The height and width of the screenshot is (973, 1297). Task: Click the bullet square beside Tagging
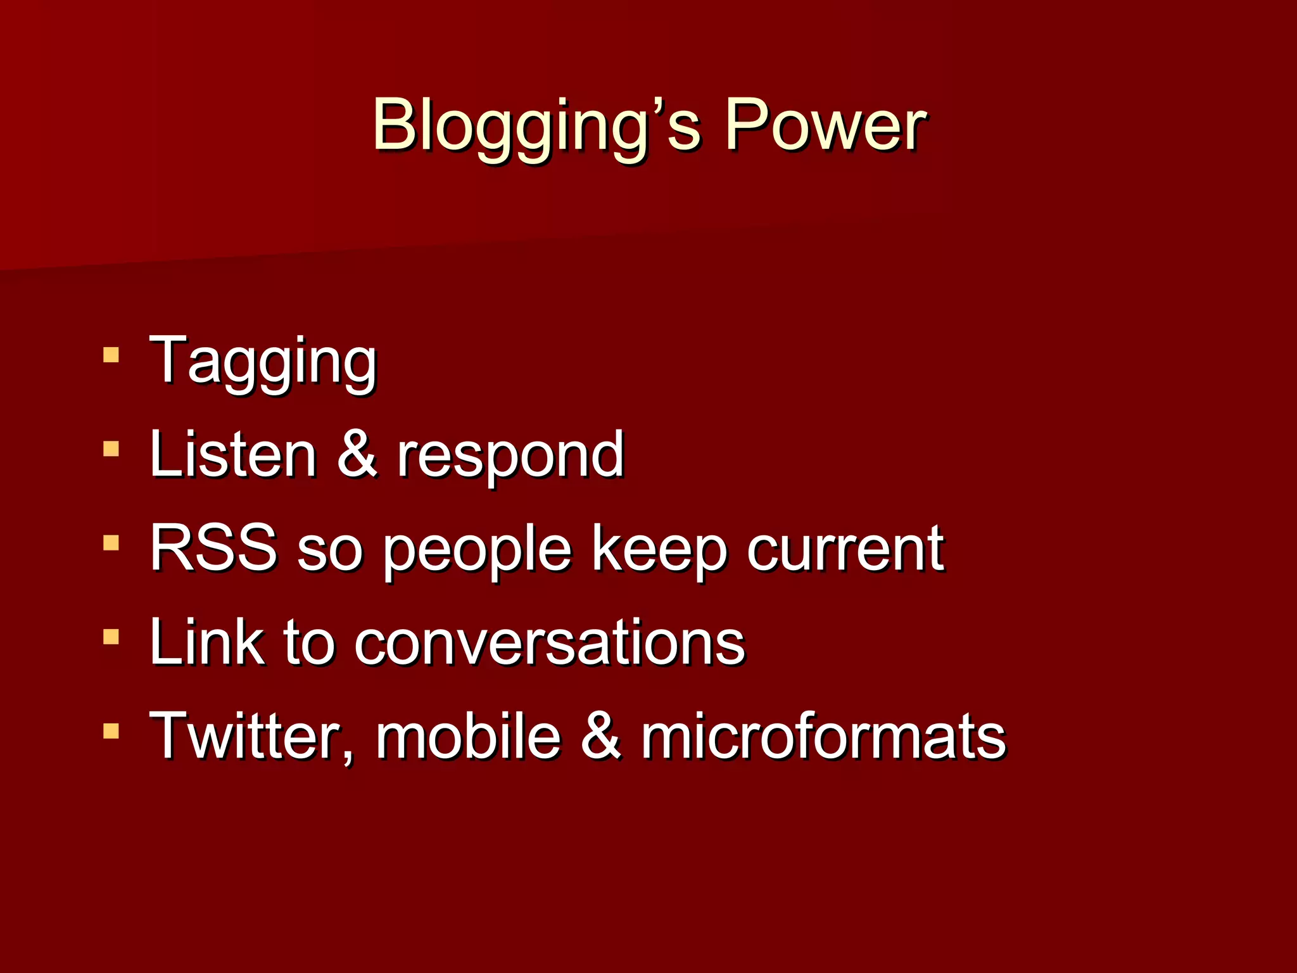point(111,354)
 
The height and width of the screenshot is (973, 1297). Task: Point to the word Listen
point(232,454)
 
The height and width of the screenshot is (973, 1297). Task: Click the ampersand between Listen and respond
point(357,454)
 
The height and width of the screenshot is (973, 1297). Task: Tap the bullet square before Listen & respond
point(111,449)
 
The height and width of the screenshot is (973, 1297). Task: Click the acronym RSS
point(213,548)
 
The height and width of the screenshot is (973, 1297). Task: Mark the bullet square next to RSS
point(111,543)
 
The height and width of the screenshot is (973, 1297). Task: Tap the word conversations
point(549,643)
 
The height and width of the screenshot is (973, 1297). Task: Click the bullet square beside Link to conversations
point(111,637)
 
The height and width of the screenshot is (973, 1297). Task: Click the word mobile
point(469,736)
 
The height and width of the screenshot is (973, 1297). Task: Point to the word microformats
point(823,736)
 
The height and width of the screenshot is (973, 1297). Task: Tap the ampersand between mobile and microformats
point(601,736)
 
